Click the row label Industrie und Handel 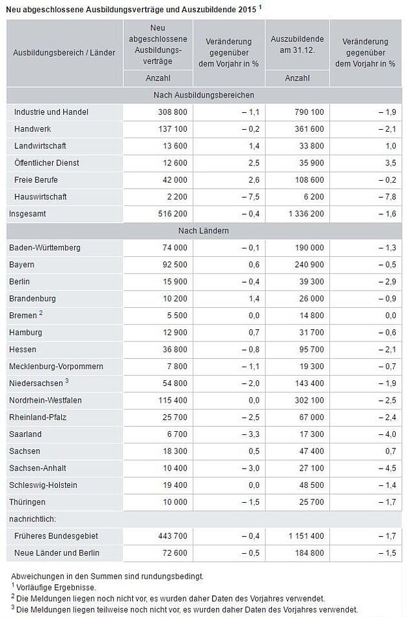click(x=51, y=112)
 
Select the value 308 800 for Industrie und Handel click(x=173, y=112)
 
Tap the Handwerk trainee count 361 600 click(x=309, y=129)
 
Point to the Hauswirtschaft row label click(x=41, y=197)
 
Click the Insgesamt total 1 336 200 click(x=306, y=214)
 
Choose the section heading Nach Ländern click(x=204, y=230)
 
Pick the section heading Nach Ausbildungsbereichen click(x=204, y=96)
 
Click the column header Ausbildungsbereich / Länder click(x=64, y=53)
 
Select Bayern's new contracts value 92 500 click(x=175, y=265)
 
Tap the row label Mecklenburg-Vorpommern click(x=56, y=367)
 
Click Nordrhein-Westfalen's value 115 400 click(x=173, y=400)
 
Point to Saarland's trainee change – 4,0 click(x=387, y=434)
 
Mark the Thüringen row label click(x=27, y=502)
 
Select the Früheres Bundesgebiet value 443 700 click(x=173, y=536)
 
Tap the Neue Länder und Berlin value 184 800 click(x=309, y=553)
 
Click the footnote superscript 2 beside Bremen click(x=41, y=313)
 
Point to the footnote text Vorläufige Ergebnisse click(x=56, y=587)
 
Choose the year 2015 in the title click(x=247, y=10)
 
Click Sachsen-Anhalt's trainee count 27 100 click(x=312, y=469)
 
